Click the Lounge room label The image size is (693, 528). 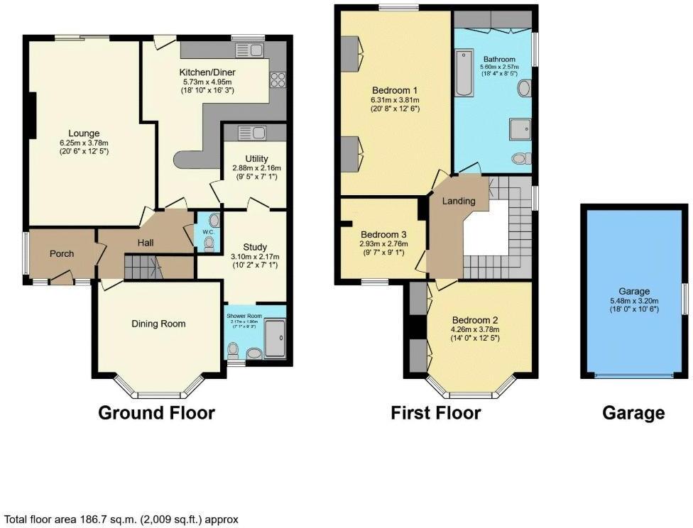[x=84, y=133]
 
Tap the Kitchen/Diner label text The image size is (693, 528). [x=207, y=72]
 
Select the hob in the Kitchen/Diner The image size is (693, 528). [x=276, y=79]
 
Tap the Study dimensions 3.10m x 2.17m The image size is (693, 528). [x=255, y=256]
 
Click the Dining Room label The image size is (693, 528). [x=158, y=324]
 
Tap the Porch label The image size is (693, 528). [x=62, y=253]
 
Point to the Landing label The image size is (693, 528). [x=459, y=201]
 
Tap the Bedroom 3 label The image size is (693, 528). [x=383, y=234]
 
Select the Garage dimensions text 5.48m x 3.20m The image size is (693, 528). [x=634, y=299]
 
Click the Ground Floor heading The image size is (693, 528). [x=156, y=412]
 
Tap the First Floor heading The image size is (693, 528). [x=435, y=412]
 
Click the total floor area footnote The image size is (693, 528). [x=122, y=519]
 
